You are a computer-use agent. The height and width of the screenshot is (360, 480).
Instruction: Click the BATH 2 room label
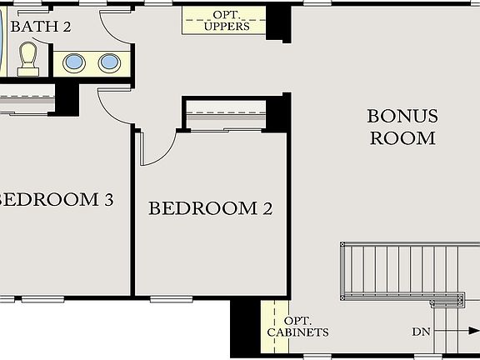click(x=41, y=26)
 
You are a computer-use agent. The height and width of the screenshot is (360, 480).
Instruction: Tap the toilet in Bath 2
click(x=28, y=58)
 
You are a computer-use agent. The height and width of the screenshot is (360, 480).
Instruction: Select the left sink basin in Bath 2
click(x=75, y=63)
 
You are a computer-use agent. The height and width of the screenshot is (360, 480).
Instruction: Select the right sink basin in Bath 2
click(x=108, y=63)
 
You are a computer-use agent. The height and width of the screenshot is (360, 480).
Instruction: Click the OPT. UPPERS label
click(x=226, y=21)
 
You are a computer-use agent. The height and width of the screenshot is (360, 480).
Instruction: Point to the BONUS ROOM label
click(x=402, y=127)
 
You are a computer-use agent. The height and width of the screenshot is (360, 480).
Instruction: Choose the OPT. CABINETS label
click(x=297, y=327)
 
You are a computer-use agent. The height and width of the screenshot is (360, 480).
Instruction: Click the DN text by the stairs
click(x=422, y=332)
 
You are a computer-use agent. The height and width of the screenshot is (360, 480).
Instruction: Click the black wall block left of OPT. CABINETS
click(x=246, y=327)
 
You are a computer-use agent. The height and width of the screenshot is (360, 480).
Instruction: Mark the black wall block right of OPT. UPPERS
click(x=279, y=22)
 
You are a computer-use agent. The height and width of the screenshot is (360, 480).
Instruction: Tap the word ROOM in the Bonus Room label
click(x=402, y=138)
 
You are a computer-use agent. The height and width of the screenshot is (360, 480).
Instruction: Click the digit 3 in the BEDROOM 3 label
click(x=131, y=200)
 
